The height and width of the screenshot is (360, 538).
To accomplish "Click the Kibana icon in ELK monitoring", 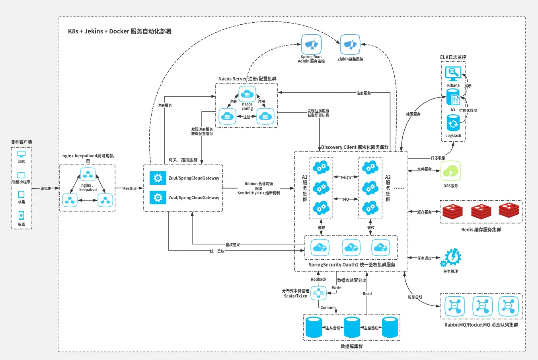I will [453, 74].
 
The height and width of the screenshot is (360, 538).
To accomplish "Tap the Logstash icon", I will [453, 123].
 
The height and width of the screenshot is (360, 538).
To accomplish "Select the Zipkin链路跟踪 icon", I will [350, 45].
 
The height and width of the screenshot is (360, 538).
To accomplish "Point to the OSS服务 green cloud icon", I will [450, 171].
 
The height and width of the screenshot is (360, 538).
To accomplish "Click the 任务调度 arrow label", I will [424, 258].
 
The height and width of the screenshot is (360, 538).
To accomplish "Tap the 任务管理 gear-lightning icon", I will [451, 258].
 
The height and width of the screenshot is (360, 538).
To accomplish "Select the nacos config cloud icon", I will [247, 94].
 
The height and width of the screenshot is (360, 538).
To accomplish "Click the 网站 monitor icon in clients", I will [21, 154].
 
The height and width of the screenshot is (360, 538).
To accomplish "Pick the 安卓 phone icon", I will [21, 215].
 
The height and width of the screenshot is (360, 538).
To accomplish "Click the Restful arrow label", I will [129, 188].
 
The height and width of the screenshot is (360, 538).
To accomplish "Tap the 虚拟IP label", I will [46, 188].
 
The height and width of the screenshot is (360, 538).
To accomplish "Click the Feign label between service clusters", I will [346, 177].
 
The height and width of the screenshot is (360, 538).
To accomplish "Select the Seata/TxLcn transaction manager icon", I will [318, 293].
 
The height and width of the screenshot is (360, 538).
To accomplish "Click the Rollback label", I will [318, 280].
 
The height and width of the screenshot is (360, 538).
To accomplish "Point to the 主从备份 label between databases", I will [333, 328].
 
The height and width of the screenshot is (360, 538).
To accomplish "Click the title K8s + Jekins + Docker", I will [119, 31].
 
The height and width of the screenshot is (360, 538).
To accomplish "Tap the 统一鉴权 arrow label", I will [217, 251].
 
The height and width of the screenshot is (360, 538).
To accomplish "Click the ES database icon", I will [453, 97].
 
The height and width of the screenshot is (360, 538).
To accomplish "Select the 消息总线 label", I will [415, 297].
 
